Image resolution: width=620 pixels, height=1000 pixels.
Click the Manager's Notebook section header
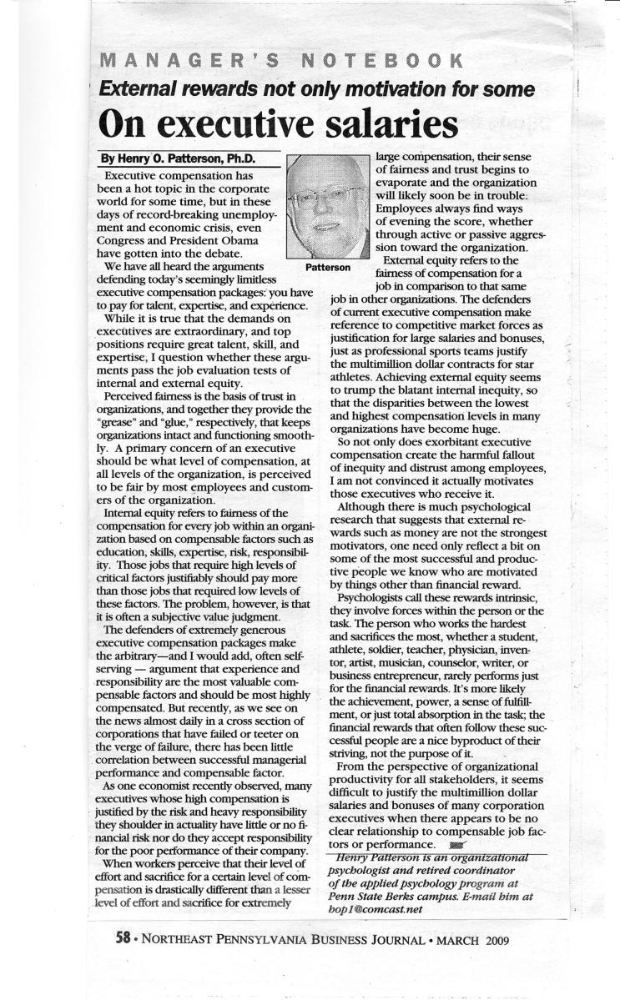280,60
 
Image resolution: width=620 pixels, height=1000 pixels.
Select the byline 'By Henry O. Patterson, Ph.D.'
177,158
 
